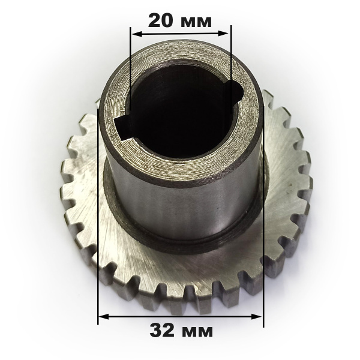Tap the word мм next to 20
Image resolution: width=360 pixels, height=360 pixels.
point(196,22)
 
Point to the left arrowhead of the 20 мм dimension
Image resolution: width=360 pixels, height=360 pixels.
point(137,34)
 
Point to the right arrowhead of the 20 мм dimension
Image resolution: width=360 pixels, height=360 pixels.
point(223,34)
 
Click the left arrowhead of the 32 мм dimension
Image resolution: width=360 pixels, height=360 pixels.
point(104,317)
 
